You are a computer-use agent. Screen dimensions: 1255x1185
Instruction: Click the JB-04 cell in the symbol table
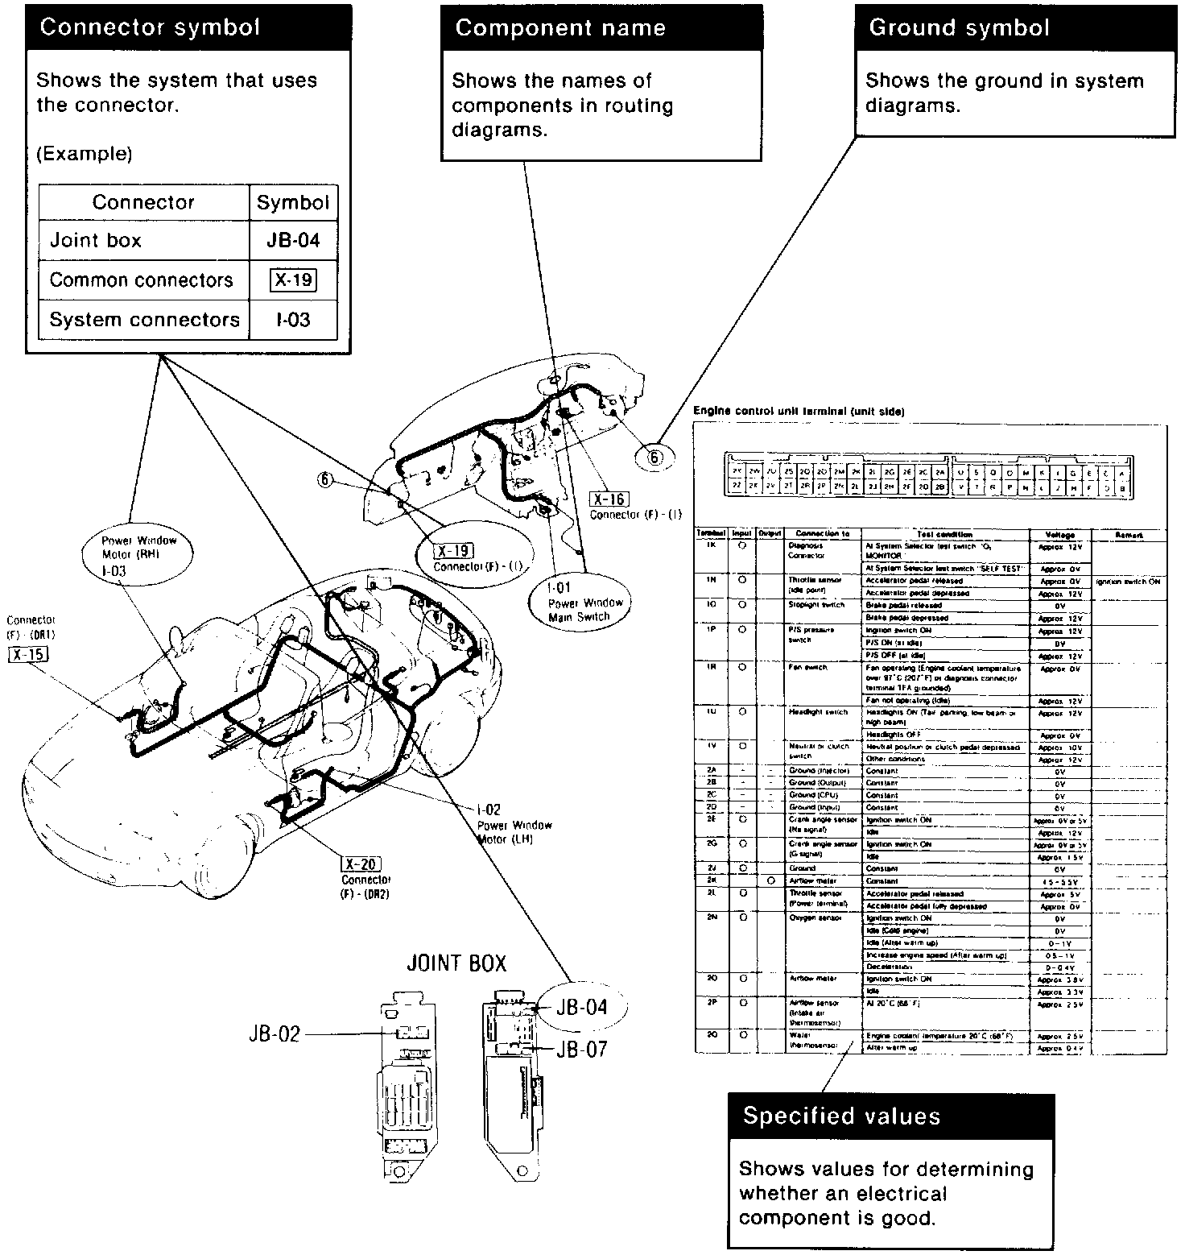tap(293, 240)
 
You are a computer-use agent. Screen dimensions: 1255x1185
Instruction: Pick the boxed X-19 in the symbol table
tap(293, 280)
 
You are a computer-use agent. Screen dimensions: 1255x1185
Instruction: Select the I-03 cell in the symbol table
tap(293, 320)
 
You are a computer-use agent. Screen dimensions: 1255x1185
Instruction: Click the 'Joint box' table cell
tap(97, 240)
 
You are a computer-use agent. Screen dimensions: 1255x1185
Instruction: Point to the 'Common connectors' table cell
tap(142, 280)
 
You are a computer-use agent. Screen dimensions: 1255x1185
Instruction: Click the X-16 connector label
tap(609, 499)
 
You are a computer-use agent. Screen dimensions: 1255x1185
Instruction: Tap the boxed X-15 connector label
tap(28, 654)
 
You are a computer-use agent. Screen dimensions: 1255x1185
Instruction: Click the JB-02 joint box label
tap(274, 1034)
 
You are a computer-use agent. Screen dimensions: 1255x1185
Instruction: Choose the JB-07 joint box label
tap(581, 1050)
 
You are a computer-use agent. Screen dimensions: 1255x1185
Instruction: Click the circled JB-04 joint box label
tap(582, 1008)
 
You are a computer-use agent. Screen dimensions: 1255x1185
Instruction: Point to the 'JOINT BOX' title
tap(456, 963)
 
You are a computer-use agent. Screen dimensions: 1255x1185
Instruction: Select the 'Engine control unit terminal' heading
tap(799, 412)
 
